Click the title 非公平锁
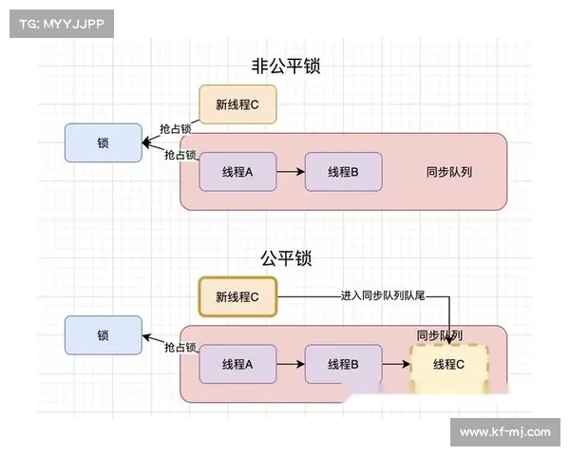286,66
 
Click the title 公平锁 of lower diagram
286,257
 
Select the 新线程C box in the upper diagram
237,104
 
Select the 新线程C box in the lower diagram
237,296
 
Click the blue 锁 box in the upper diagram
103,143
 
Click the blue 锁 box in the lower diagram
103,335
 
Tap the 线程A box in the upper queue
237,172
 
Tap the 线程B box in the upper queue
343,172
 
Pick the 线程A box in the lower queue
237,364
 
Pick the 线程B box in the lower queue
343,364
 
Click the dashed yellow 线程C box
449,365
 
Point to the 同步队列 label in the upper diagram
449,172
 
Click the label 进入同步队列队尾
382,295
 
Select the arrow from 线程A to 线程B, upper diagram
291,172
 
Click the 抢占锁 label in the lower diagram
180,347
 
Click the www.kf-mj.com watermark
504,431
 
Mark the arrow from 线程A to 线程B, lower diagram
291,364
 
